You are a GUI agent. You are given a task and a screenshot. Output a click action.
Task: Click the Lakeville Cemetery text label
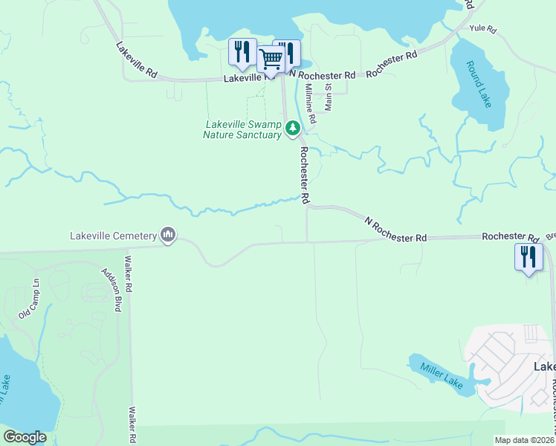[112, 236]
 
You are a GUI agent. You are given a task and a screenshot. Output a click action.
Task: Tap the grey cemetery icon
[168, 236]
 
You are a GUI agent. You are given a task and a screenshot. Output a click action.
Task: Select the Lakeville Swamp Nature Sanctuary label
[242, 129]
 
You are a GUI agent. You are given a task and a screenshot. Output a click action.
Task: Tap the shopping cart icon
[271, 57]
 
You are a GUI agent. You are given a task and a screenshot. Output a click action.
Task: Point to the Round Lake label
[479, 84]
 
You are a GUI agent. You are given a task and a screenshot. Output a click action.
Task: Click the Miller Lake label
[442, 373]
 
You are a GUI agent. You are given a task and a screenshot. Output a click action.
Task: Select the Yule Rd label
[482, 28]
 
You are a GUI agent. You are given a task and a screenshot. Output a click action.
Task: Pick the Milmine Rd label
[311, 103]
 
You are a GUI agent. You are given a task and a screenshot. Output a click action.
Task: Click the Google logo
[25, 437]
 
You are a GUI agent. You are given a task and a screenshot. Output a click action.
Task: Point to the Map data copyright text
[525, 440]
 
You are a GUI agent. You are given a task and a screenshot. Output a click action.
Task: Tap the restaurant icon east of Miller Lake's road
[528, 257]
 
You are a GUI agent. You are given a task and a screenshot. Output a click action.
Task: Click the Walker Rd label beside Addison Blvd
[129, 274]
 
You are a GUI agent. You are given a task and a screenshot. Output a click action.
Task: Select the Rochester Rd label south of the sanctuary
[304, 174]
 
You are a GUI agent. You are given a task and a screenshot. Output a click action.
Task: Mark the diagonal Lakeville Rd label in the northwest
[137, 59]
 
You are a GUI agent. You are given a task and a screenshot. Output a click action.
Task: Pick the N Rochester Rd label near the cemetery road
[396, 227]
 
